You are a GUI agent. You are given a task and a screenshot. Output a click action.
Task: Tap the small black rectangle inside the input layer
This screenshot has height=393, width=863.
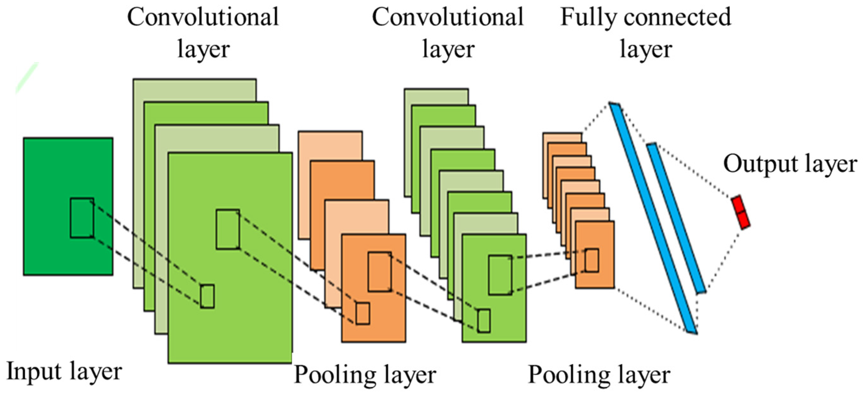pyautogui.click(x=82, y=218)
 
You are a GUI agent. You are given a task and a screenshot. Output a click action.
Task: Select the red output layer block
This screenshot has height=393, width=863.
pyautogui.click(x=741, y=213)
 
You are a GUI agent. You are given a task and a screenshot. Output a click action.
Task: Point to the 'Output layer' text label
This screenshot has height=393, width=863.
pyautogui.click(x=790, y=164)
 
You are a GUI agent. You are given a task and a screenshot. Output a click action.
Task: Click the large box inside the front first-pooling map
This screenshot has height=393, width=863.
pyautogui.click(x=380, y=272)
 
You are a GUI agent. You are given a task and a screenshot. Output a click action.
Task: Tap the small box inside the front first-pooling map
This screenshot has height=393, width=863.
pyautogui.click(x=362, y=314)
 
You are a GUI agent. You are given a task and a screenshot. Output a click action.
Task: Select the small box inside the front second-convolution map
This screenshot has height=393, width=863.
pyautogui.click(x=484, y=321)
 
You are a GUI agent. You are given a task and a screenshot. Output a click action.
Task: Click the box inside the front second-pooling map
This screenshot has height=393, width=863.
pyautogui.click(x=592, y=260)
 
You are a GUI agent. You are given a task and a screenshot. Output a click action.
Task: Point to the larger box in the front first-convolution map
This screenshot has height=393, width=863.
pyautogui.click(x=228, y=229)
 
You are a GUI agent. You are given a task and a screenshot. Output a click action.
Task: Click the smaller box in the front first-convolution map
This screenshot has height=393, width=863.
pyautogui.click(x=207, y=296)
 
